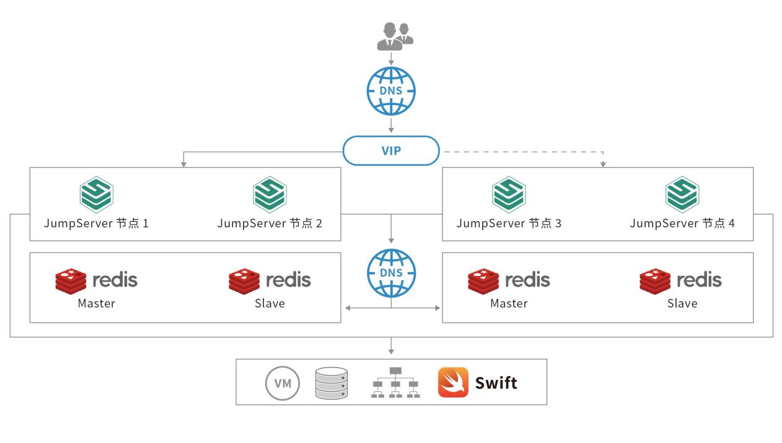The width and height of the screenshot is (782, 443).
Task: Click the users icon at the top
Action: (395, 36)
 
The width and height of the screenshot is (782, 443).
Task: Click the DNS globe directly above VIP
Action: (391, 91)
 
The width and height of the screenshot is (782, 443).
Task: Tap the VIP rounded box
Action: (391, 150)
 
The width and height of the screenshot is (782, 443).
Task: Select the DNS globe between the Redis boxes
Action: (391, 273)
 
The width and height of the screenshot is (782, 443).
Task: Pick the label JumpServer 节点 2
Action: (270, 223)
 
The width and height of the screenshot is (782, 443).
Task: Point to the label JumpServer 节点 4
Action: (682, 223)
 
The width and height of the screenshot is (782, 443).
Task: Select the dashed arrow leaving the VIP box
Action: (521, 150)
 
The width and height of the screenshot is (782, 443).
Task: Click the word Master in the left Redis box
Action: (96, 303)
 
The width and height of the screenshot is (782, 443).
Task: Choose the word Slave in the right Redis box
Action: (682, 303)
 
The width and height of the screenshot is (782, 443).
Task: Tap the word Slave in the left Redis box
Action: (270, 303)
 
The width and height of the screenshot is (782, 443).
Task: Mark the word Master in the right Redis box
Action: (509, 303)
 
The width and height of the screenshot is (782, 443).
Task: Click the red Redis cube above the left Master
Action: (71, 280)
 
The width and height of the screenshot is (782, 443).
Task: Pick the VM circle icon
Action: (283, 383)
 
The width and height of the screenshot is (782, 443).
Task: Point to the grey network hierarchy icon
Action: (396, 383)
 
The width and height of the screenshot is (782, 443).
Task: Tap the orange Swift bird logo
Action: (453, 382)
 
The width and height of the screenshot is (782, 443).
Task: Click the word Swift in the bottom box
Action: (496, 383)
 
